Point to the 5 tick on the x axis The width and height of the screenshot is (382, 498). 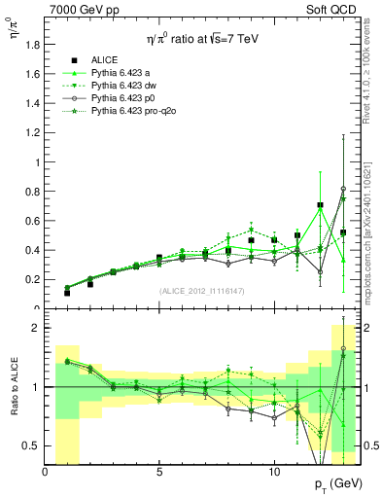pyautogui.click(x=159, y=470)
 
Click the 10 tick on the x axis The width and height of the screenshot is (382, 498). pyautogui.click(x=273, y=470)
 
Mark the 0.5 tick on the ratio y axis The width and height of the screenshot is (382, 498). pyautogui.click(x=32, y=445)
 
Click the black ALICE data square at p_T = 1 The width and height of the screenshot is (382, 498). pyautogui.click(x=67, y=293)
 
